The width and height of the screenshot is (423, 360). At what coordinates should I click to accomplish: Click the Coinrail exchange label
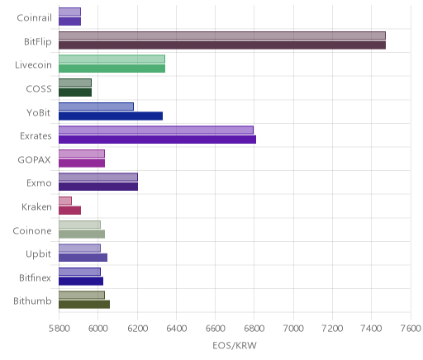[34, 17]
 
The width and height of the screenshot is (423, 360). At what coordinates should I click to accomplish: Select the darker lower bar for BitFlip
[222, 45]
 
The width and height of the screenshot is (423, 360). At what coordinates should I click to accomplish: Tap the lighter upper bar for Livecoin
[112, 59]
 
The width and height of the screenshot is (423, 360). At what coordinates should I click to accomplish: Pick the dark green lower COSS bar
[75, 92]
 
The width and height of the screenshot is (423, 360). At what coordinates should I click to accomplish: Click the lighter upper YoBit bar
[96, 107]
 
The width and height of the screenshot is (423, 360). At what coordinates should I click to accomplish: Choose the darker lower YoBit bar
[111, 116]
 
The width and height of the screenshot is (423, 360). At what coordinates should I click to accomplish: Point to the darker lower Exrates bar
[157, 140]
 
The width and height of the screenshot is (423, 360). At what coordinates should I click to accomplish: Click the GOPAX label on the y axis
[34, 159]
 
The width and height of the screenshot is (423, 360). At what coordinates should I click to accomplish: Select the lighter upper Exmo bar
[98, 178]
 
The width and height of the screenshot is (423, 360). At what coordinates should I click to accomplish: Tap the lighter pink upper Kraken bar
[65, 201]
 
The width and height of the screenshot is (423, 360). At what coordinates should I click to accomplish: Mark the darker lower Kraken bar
[69, 211]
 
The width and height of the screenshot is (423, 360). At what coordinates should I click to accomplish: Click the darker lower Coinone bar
[82, 234]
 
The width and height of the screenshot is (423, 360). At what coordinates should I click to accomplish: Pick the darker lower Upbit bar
[83, 258]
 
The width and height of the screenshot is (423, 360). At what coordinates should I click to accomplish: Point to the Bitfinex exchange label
[35, 277]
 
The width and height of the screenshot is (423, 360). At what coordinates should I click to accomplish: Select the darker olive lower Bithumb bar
[84, 305]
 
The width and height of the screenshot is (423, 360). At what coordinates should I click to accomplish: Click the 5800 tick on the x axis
[59, 328]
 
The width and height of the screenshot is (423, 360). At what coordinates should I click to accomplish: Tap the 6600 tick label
[216, 328]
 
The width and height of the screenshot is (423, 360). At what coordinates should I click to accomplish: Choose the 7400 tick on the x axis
[372, 328]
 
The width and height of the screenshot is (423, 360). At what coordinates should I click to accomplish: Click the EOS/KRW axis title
[235, 345]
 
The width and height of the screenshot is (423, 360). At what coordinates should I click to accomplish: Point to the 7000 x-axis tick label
[293, 328]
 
